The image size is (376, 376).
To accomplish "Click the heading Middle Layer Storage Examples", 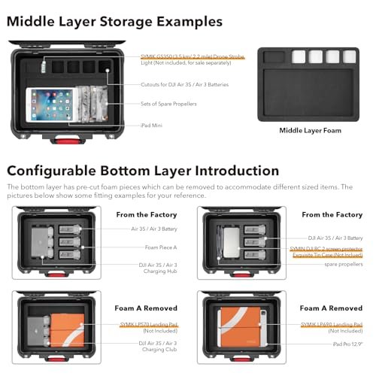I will click(x=114, y=22).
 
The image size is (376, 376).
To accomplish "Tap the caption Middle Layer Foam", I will click(x=310, y=130).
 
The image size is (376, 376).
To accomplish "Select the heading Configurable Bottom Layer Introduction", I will click(x=143, y=171).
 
